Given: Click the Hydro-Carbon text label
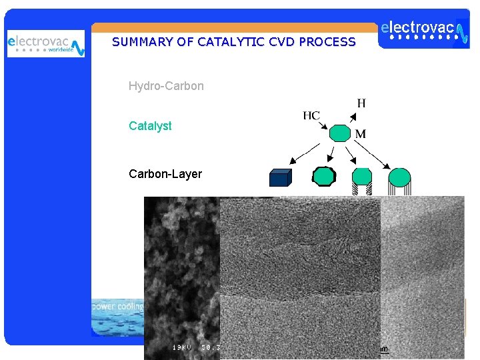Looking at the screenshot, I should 166,86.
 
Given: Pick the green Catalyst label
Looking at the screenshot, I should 150,126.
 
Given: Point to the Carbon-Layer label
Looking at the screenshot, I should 165,174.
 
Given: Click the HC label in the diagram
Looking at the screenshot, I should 311,115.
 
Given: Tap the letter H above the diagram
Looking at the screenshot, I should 361,103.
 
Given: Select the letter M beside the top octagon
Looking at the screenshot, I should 360,134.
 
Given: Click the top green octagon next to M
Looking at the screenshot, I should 340,133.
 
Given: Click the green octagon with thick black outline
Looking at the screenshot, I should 324,177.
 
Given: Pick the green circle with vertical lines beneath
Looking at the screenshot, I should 399,178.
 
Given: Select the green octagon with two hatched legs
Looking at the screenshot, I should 362,177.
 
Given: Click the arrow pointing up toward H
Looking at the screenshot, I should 349,116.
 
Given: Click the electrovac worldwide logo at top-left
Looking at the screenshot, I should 45,44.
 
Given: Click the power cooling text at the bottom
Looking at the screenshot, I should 117,307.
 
